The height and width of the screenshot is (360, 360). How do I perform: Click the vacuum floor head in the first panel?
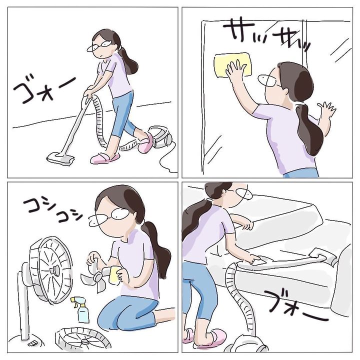[60, 158]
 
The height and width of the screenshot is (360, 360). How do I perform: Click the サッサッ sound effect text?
[266, 34]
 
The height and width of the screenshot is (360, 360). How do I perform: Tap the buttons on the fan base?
[32, 343]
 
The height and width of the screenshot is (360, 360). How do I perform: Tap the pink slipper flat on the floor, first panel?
[104, 158]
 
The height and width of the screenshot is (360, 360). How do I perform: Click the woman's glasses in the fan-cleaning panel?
[109, 216]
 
